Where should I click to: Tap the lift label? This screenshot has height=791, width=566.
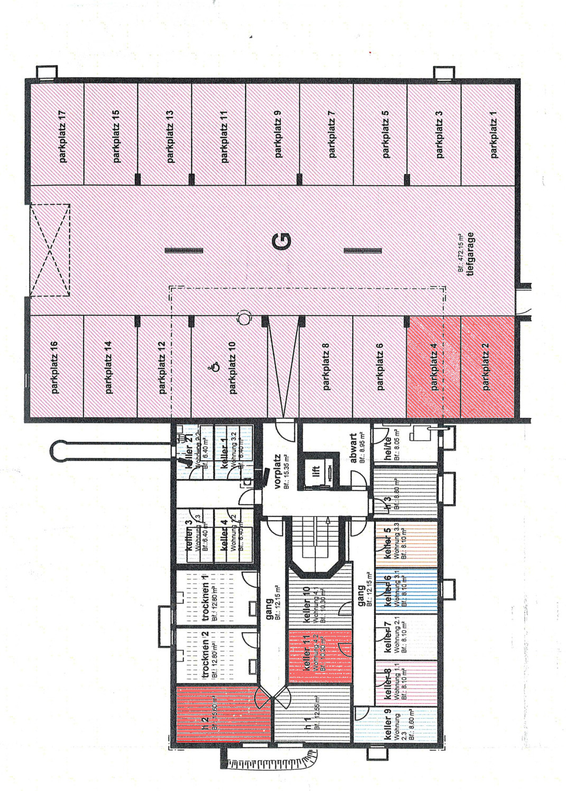click(x=316, y=470)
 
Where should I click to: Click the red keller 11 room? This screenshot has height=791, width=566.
click(x=319, y=656)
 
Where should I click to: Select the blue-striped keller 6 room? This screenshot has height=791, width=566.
click(x=406, y=590)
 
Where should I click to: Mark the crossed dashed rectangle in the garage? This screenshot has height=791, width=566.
click(x=50, y=250)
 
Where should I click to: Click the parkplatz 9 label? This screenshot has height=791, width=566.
click(x=279, y=135)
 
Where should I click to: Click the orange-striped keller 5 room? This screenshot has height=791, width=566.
click(x=406, y=545)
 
